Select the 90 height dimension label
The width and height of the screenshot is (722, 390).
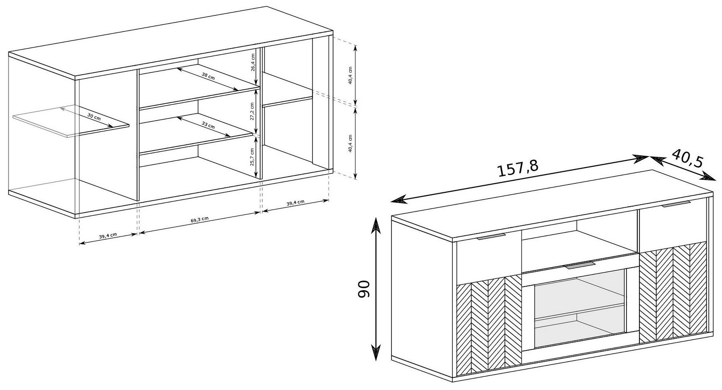tap(364, 289)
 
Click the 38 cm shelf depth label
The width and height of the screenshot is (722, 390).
tap(208, 76)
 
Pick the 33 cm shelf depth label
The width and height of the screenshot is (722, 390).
tap(208, 125)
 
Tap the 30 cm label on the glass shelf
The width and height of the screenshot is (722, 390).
tap(94, 117)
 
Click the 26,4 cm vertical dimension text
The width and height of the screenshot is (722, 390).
tap(253, 62)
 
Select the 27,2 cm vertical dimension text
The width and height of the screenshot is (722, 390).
tap(252, 111)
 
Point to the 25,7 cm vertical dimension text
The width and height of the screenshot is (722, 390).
tap(252, 157)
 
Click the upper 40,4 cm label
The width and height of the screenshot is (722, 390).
tap(350, 75)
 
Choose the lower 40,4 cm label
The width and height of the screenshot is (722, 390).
tap(350, 143)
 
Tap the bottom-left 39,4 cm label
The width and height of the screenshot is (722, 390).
tap(108, 236)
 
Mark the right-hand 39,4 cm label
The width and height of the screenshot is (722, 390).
tap(295, 203)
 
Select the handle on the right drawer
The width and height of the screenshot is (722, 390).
tap(676, 204)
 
